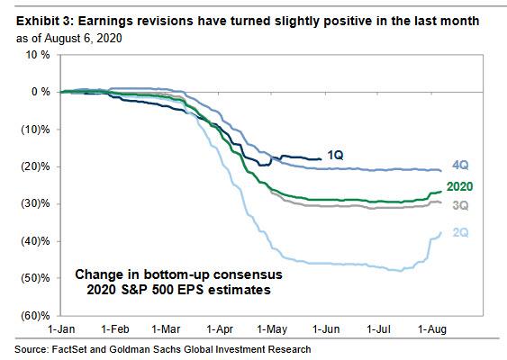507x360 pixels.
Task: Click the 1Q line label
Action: [335, 155]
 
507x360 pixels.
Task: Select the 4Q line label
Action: [460, 165]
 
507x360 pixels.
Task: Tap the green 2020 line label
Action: [459, 186]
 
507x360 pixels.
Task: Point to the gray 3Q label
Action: [460, 205]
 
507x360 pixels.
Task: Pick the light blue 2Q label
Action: [460, 232]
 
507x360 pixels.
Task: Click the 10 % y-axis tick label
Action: [38, 55]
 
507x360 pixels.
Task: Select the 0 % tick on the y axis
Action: [41, 92]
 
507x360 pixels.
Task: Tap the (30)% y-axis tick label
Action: [35, 203]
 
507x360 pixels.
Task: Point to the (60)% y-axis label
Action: [35, 315]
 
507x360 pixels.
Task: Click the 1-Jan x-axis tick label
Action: [61, 329]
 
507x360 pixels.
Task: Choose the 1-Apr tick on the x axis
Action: [220, 329]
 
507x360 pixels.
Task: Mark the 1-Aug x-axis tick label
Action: [432, 329]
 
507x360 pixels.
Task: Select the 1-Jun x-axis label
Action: [326, 329]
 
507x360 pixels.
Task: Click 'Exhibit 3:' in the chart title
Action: [45, 22]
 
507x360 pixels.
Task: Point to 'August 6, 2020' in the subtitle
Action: [83, 38]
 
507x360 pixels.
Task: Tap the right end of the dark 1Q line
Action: [321, 158]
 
